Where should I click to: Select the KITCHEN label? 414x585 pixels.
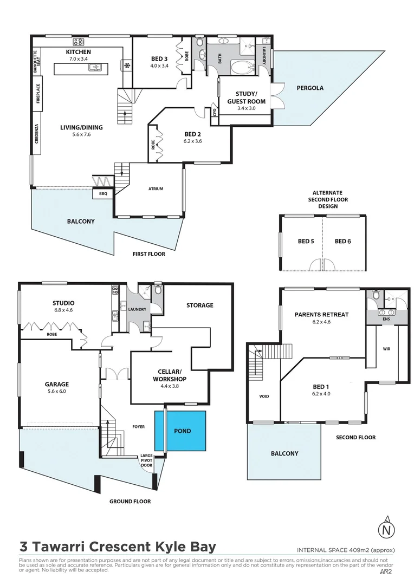78,51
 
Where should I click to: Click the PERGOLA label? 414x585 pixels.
310,88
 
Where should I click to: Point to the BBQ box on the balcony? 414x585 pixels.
103,193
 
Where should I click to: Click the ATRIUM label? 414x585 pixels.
156,189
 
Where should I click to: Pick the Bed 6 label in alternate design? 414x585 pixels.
342,241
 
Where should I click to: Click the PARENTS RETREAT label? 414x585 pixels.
321,314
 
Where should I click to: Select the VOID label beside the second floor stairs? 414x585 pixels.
264,396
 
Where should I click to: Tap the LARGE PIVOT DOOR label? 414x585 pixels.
146,460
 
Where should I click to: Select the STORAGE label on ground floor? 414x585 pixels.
199,305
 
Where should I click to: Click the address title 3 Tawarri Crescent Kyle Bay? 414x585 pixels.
118,547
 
